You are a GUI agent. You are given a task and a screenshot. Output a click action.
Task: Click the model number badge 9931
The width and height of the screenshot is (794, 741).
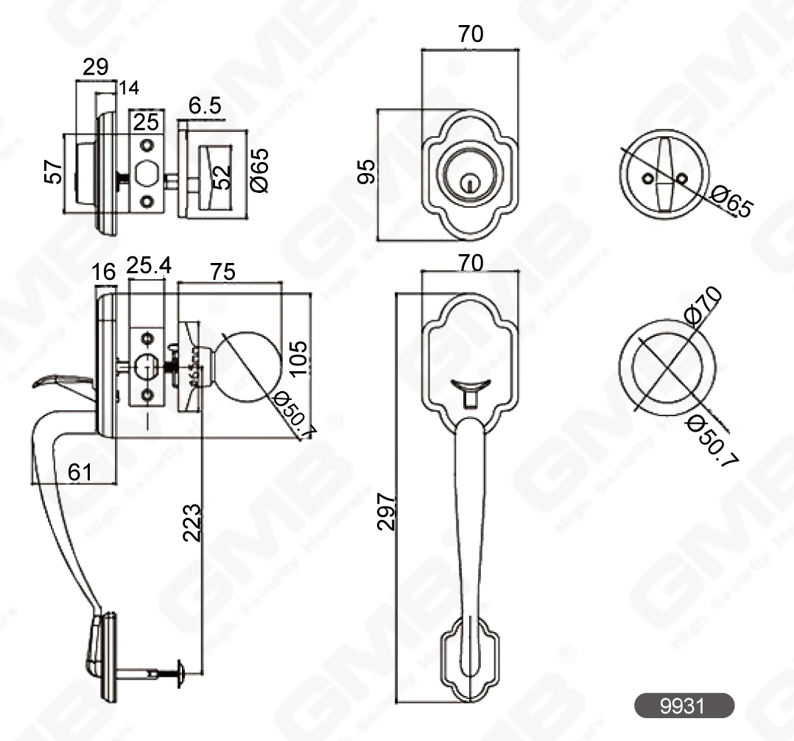click(684, 706)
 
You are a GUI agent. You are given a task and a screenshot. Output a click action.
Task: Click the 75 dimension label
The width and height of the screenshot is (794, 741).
click(222, 271)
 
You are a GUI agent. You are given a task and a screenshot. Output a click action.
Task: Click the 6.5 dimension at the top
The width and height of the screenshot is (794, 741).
click(205, 107)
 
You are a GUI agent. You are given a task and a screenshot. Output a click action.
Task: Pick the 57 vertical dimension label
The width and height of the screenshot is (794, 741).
click(50, 173)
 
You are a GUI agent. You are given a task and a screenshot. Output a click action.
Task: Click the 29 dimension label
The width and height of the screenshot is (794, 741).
click(95, 68)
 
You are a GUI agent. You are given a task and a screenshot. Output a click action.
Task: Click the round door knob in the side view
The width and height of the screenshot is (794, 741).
click(250, 365)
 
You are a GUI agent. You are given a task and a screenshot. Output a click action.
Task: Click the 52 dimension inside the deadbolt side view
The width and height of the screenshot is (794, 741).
click(222, 177)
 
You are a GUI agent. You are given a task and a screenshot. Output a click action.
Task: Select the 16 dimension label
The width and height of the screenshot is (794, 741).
click(104, 272)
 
